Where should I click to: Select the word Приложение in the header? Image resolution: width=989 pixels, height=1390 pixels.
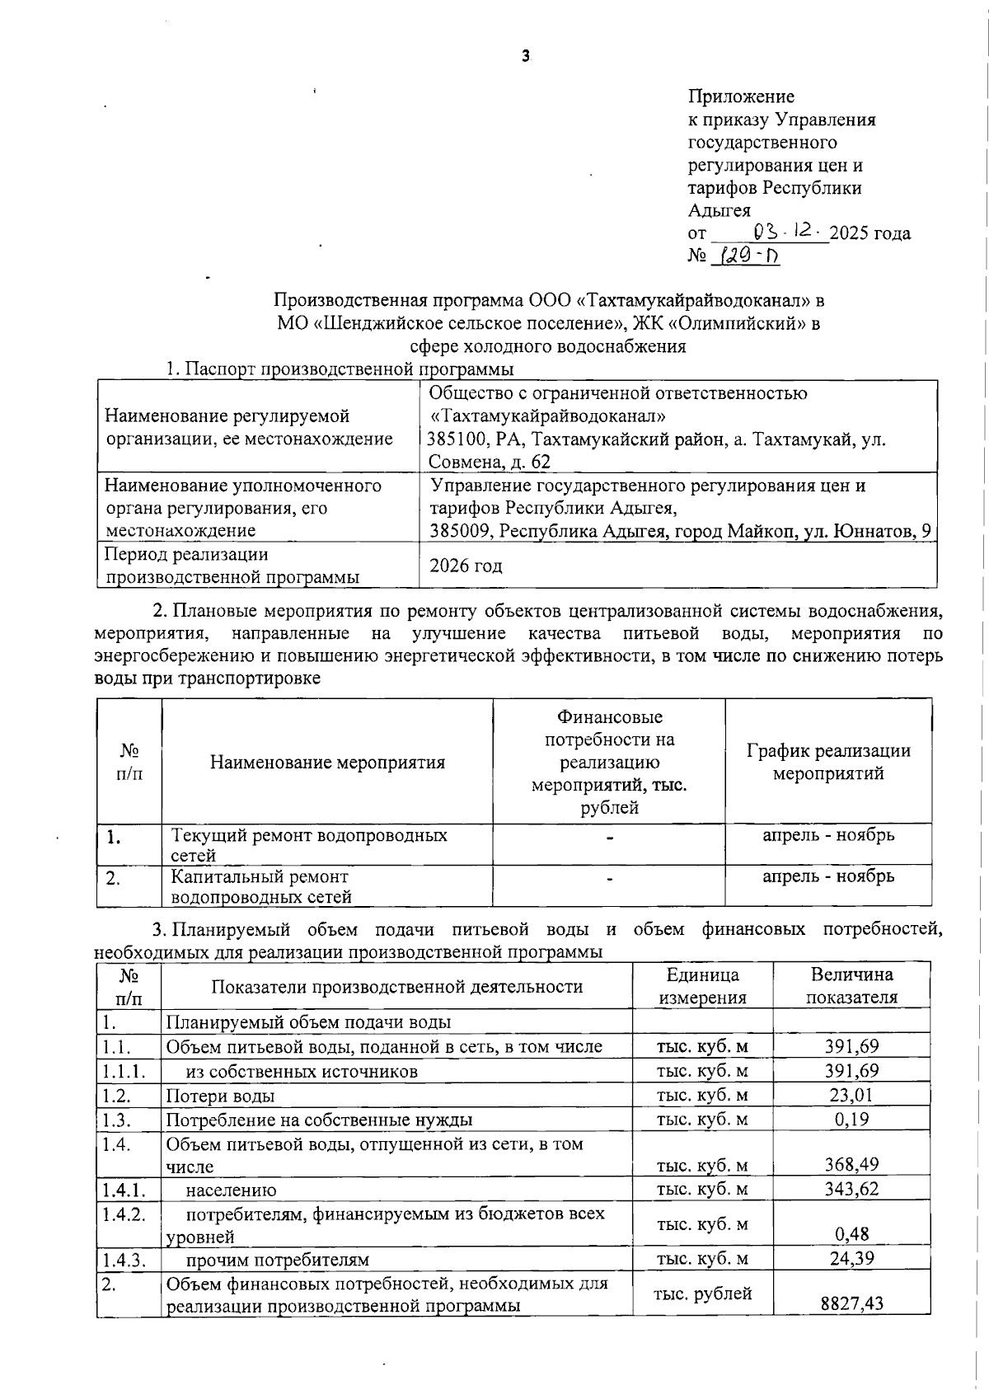tap(741, 97)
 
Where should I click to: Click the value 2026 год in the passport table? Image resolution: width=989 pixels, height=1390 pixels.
tap(466, 566)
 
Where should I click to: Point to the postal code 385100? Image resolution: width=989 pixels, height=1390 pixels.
tap(457, 439)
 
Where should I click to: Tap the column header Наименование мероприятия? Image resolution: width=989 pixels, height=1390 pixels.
tap(327, 763)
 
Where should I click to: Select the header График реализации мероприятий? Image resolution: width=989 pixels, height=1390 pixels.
tap(828, 762)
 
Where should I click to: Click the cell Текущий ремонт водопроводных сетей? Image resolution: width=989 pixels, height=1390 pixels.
tap(309, 844)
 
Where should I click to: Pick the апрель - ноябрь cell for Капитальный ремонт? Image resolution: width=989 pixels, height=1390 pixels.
tap(828, 876)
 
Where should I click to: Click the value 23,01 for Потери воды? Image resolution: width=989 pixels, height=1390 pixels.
tap(851, 1095)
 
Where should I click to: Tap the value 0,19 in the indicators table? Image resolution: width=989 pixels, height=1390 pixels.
tap(851, 1120)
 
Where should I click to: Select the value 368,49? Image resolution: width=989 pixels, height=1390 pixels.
tap(851, 1164)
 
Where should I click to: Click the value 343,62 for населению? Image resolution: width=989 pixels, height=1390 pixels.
tap(851, 1189)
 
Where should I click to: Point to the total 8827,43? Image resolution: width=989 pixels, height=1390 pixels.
tap(851, 1303)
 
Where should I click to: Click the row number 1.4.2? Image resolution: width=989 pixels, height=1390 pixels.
tap(124, 1213)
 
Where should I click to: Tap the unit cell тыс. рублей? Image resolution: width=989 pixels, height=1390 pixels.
tap(702, 1294)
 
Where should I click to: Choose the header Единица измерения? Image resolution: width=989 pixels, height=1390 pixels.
tap(702, 986)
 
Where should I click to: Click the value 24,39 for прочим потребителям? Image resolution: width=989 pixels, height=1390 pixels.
tap(851, 1258)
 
